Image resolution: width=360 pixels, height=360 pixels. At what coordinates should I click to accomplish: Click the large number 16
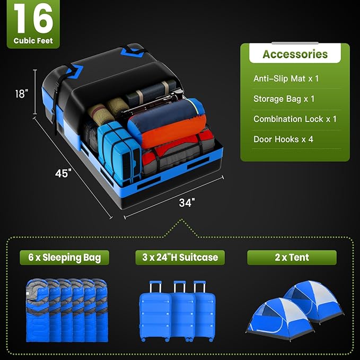coord(33,20)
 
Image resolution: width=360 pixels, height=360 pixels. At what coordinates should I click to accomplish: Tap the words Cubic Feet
coord(33,41)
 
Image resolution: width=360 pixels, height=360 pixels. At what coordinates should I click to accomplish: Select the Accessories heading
coord(295,54)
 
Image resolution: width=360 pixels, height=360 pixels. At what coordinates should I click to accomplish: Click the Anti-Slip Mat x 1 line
coord(286,78)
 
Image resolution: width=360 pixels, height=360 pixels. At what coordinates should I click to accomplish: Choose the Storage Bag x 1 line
coord(284,99)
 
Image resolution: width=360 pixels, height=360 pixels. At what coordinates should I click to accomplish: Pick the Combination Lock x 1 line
coord(295,119)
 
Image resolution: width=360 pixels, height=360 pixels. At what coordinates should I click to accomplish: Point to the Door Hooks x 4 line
coord(284,139)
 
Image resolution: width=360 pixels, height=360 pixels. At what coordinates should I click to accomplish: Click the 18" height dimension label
coord(21,93)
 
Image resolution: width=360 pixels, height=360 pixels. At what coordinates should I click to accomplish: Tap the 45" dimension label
coord(62,173)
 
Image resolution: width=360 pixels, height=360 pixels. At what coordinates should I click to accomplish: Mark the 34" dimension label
coord(187,202)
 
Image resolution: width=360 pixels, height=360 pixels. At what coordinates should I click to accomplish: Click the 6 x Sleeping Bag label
coord(64,258)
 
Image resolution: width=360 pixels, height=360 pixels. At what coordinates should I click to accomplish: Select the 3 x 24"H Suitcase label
coord(180,258)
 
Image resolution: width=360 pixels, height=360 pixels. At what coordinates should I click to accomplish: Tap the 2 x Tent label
coord(292,258)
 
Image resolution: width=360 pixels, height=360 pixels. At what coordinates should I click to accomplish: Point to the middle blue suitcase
coord(180,313)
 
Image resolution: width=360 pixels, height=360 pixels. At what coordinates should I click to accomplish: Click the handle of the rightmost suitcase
coord(200,286)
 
